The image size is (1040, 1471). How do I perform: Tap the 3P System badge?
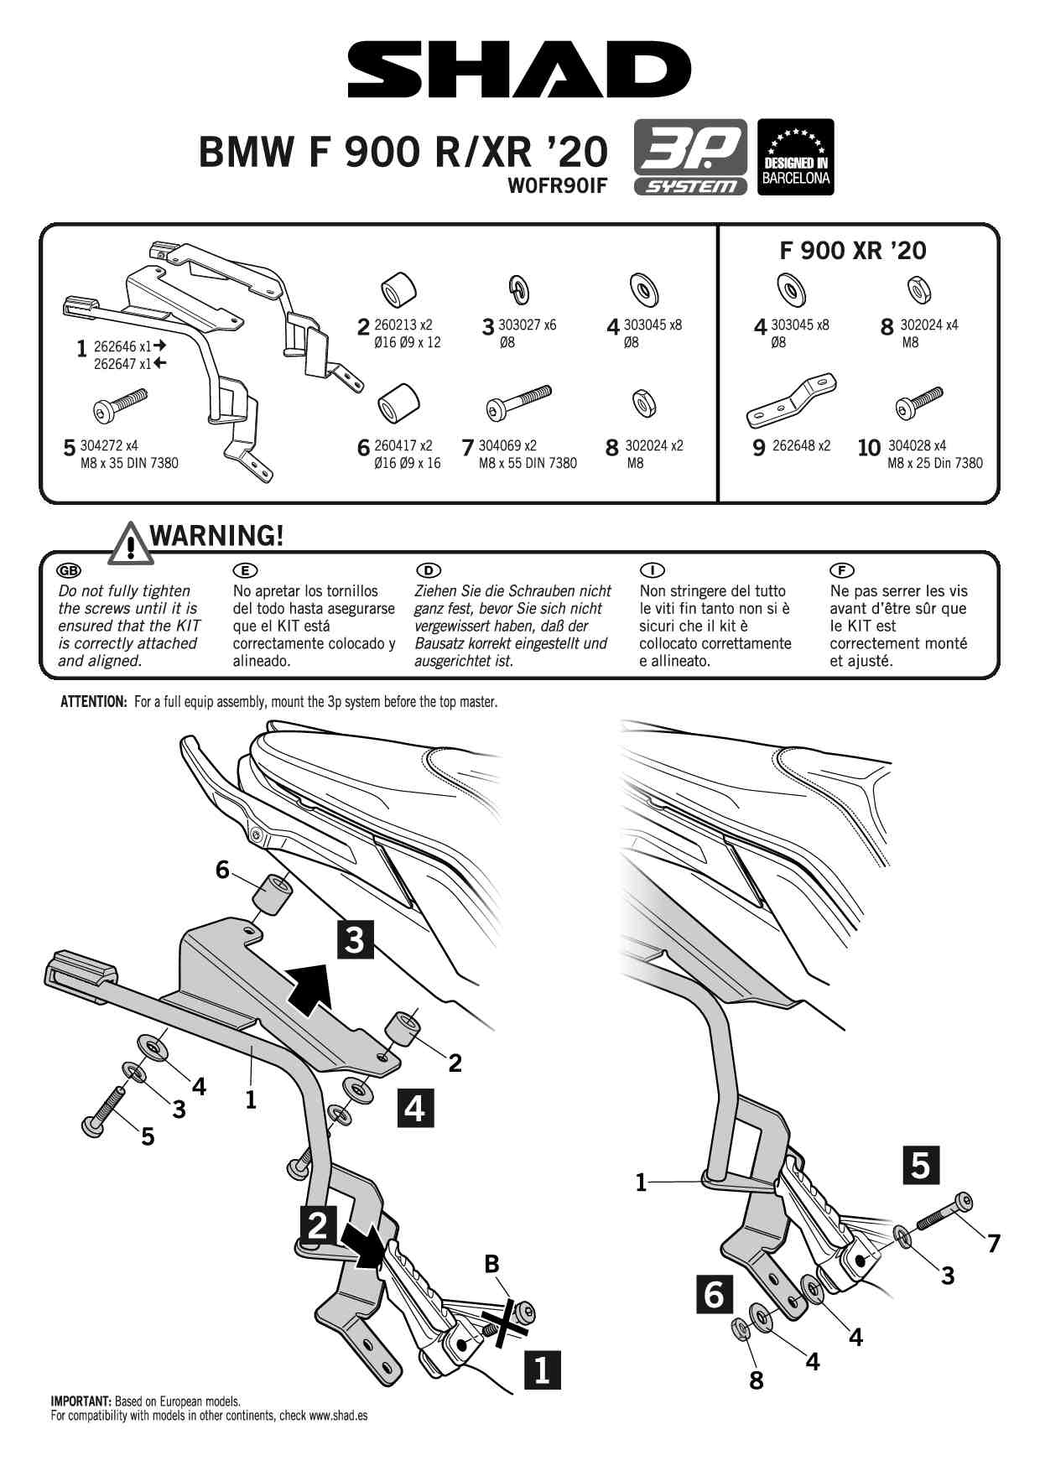tap(690, 157)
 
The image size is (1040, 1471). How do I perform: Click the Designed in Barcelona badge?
tap(795, 157)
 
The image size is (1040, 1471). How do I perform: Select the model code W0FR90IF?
tap(557, 185)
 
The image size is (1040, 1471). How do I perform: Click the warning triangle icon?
tap(129, 542)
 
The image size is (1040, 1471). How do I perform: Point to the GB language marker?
tap(68, 570)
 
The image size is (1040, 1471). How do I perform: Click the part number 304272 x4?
tap(109, 445)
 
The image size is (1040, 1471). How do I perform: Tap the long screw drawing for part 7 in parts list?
tap(518, 402)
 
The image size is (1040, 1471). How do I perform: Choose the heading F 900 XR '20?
tap(853, 250)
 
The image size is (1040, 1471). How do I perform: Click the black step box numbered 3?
tap(355, 939)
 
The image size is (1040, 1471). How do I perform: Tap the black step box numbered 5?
tap(920, 1165)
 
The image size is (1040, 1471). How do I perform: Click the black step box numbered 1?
tap(542, 1370)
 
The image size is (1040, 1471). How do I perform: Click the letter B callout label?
tap(491, 1264)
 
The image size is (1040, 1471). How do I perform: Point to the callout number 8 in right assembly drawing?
tap(756, 1380)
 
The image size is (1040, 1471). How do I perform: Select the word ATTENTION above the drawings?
tap(93, 702)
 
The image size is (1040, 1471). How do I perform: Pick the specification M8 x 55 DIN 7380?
tap(528, 463)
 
